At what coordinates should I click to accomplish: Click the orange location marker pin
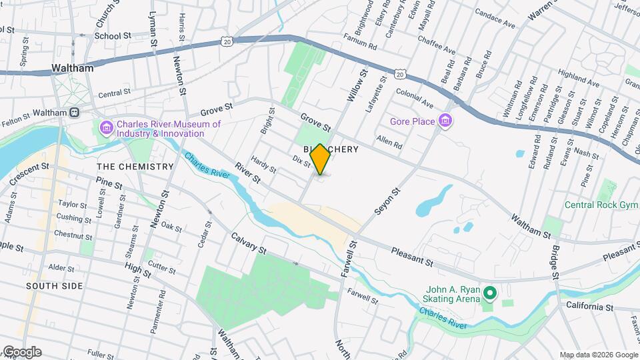tap(320, 159)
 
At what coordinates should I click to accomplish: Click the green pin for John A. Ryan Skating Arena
tap(490, 293)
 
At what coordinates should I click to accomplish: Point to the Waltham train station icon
tap(75, 113)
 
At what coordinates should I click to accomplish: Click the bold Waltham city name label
tap(72, 68)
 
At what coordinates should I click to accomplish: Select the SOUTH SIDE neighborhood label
tap(55, 286)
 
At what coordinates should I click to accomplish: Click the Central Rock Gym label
tap(601, 205)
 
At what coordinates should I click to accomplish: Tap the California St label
tap(590, 307)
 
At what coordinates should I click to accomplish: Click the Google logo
tap(22, 352)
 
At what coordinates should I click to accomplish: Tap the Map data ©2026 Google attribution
tap(598, 355)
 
